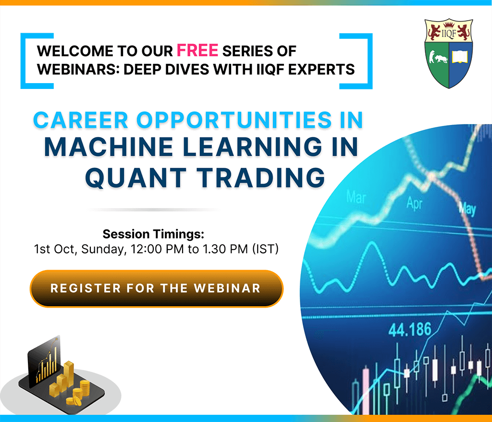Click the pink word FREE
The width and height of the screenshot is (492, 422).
click(197, 50)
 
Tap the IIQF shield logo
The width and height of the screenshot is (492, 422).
click(449, 53)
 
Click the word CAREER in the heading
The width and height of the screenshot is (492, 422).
click(81, 120)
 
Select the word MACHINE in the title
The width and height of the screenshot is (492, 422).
click(109, 147)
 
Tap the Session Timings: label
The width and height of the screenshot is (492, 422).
click(153, 234)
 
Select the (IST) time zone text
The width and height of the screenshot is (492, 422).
click(265, 249)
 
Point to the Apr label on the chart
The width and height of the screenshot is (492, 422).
click(414, 203)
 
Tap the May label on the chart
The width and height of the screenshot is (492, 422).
click(467, 209)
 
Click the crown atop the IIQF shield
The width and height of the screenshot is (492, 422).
click(449, 24)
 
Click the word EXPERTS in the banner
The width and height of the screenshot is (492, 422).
click(321, 69)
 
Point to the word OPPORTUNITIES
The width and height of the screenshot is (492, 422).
click(234, 120)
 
